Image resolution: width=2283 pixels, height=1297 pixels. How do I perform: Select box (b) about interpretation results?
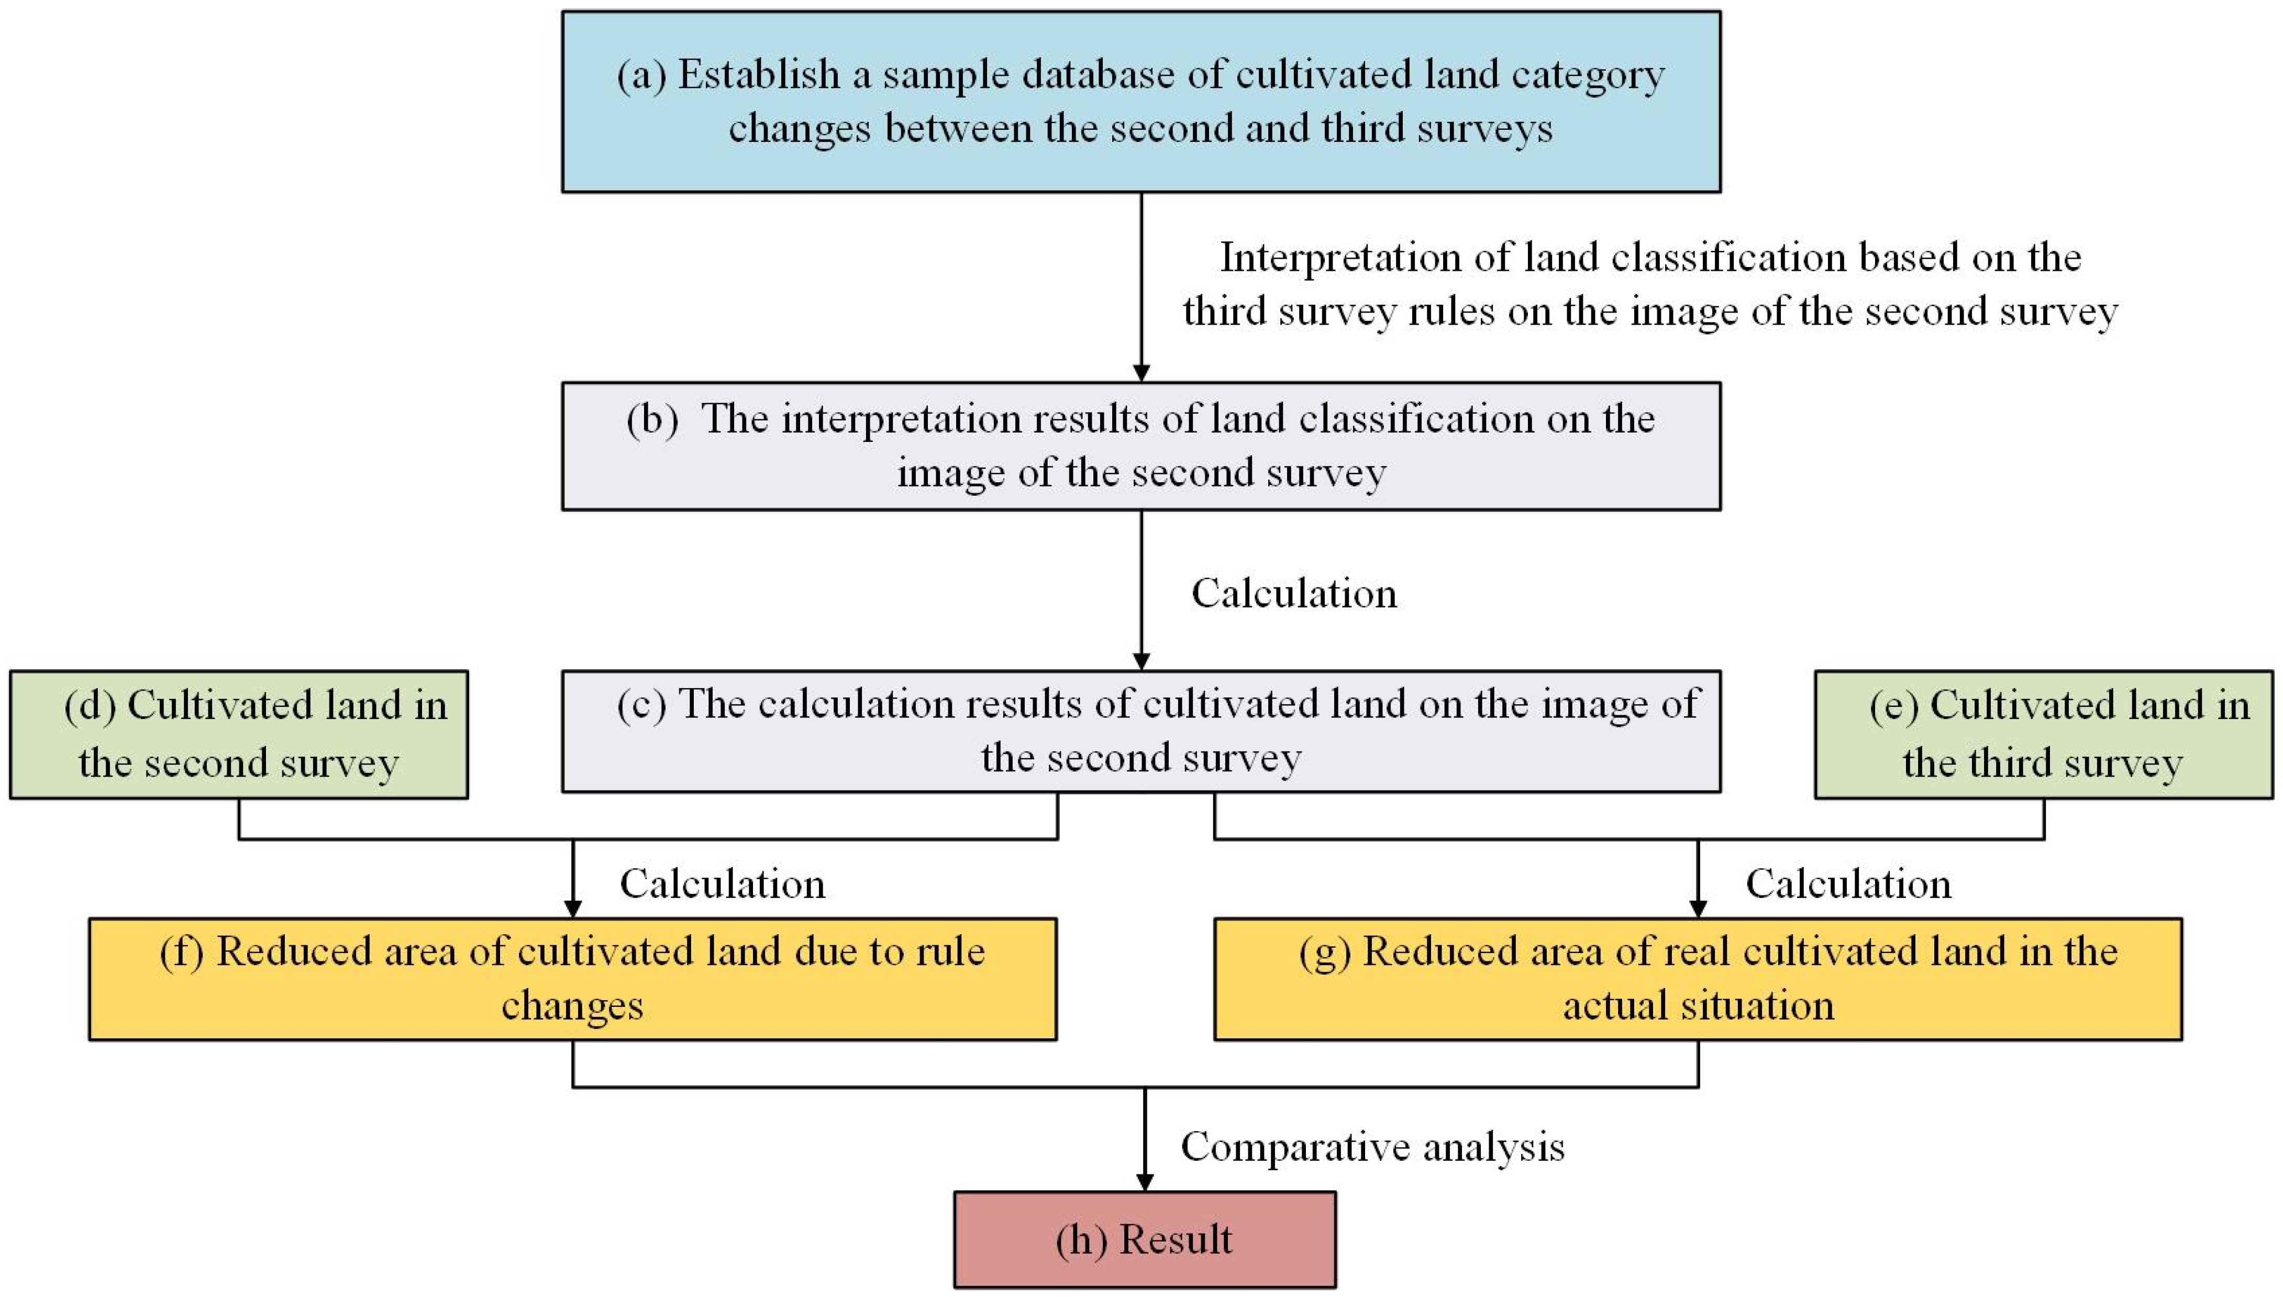pos(1140,446)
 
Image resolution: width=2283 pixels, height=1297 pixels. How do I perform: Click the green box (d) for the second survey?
pos(239,734)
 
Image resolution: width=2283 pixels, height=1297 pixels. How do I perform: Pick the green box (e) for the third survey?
pos(2043,734)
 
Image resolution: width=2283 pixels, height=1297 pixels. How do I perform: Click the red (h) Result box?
pos(1145,1239)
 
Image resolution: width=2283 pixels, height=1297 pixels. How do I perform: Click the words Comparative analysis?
pos(1372,1147)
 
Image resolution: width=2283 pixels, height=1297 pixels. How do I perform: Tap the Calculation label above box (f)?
pos(723,884)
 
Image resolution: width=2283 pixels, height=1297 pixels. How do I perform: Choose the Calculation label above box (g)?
pos(1848,884)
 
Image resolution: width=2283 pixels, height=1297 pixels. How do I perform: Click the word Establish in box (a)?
pos(759,75)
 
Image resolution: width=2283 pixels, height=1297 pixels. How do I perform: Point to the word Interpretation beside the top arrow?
pos(1340,258)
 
